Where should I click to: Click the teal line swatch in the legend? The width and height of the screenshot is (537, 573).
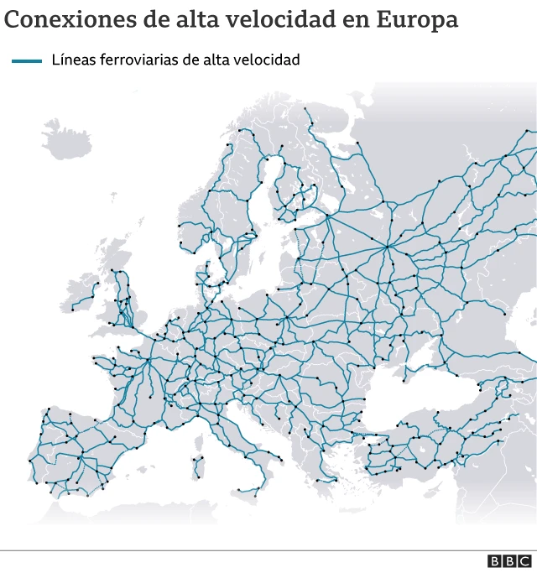click(26, 60)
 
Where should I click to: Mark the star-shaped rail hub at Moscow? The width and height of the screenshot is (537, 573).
click(387, 246)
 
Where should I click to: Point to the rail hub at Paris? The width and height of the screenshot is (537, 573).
click(149, 362)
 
